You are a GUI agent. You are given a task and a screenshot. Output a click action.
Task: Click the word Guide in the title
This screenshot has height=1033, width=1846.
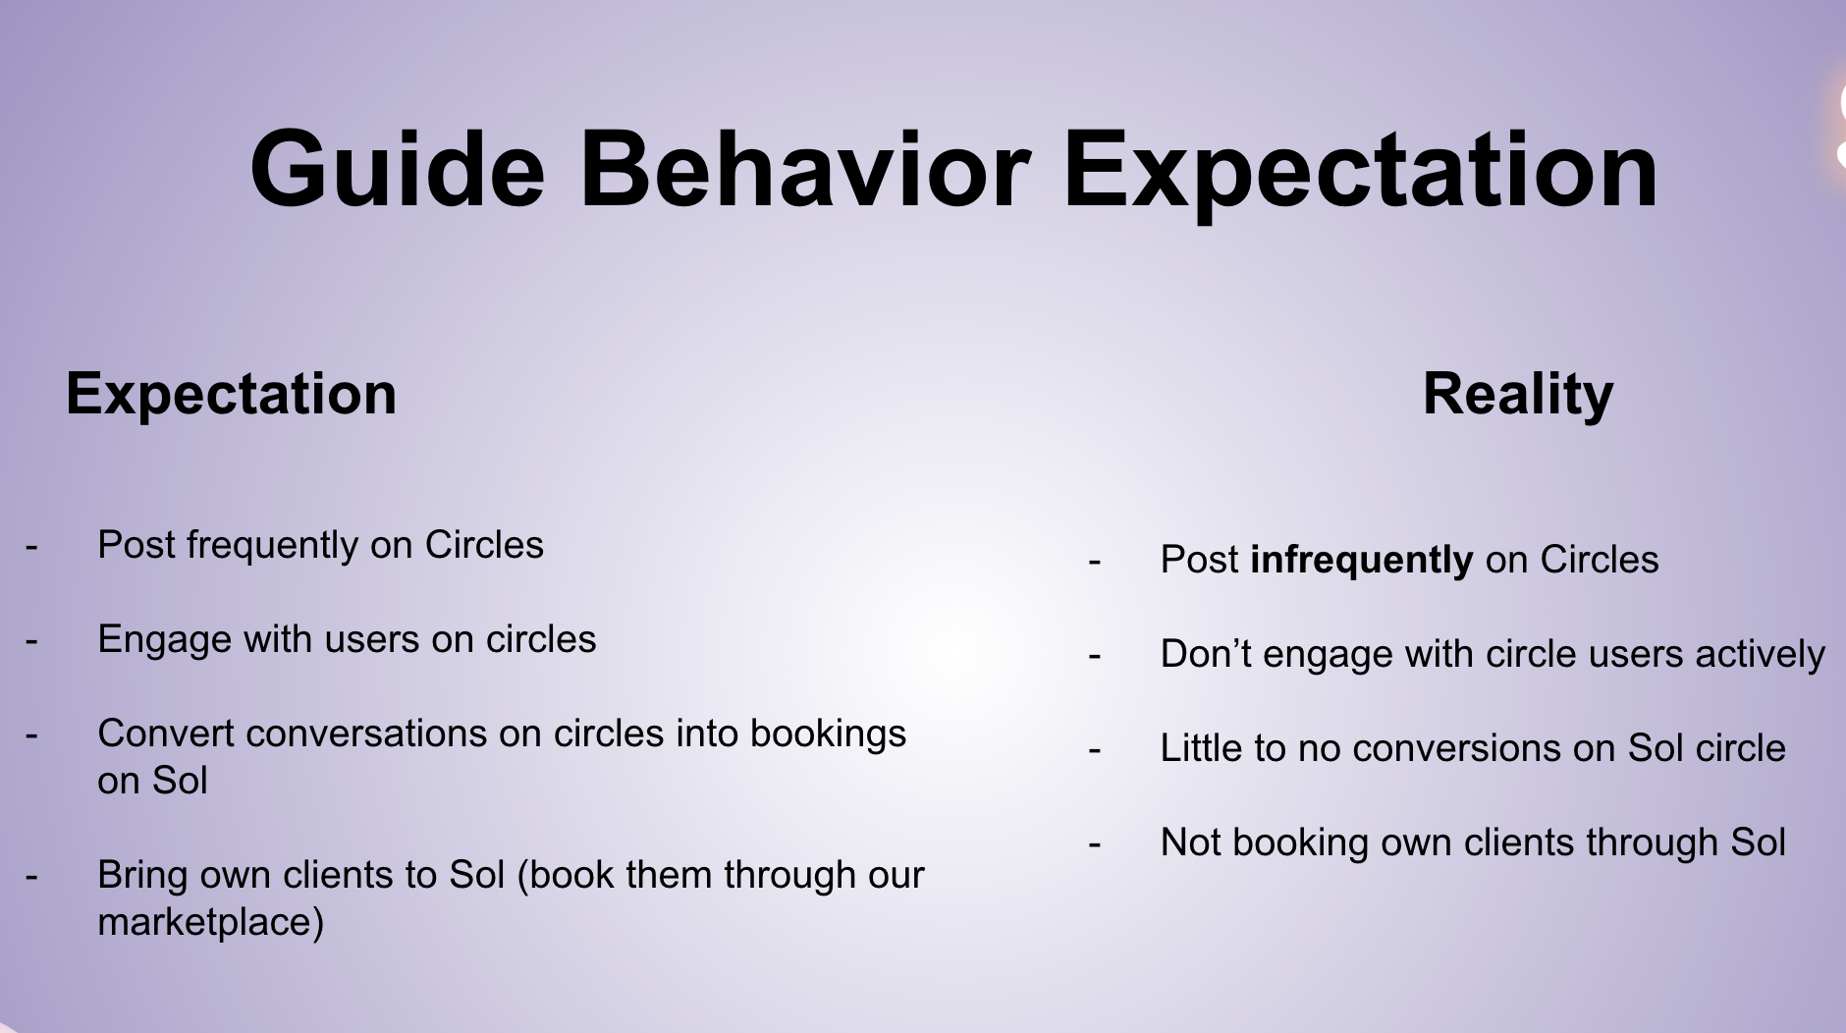click(x=398, y=169)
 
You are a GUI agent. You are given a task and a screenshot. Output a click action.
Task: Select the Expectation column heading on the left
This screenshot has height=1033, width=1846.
click(x=231, y=395)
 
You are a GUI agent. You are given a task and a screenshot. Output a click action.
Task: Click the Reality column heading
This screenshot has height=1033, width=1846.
click(x=1518, y=395)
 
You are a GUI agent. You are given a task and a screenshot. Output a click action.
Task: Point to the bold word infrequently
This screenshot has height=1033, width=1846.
click(x=1361, y=561)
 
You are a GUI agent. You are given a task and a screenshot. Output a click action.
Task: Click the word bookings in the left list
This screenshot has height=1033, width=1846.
click(x=828, y=734)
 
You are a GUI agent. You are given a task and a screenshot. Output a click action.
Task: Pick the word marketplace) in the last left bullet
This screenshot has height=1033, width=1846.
click(x=211, y=922)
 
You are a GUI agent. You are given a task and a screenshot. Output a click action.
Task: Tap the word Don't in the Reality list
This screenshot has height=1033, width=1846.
click(x=1206, y=654)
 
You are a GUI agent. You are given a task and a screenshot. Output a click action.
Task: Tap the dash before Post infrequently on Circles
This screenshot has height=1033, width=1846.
click(x=1095, y=561)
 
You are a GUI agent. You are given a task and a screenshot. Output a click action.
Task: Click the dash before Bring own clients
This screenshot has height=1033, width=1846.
click(x=31, y=876)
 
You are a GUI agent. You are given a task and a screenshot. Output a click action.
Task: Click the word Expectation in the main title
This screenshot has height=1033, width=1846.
click(x=1361, y=171)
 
